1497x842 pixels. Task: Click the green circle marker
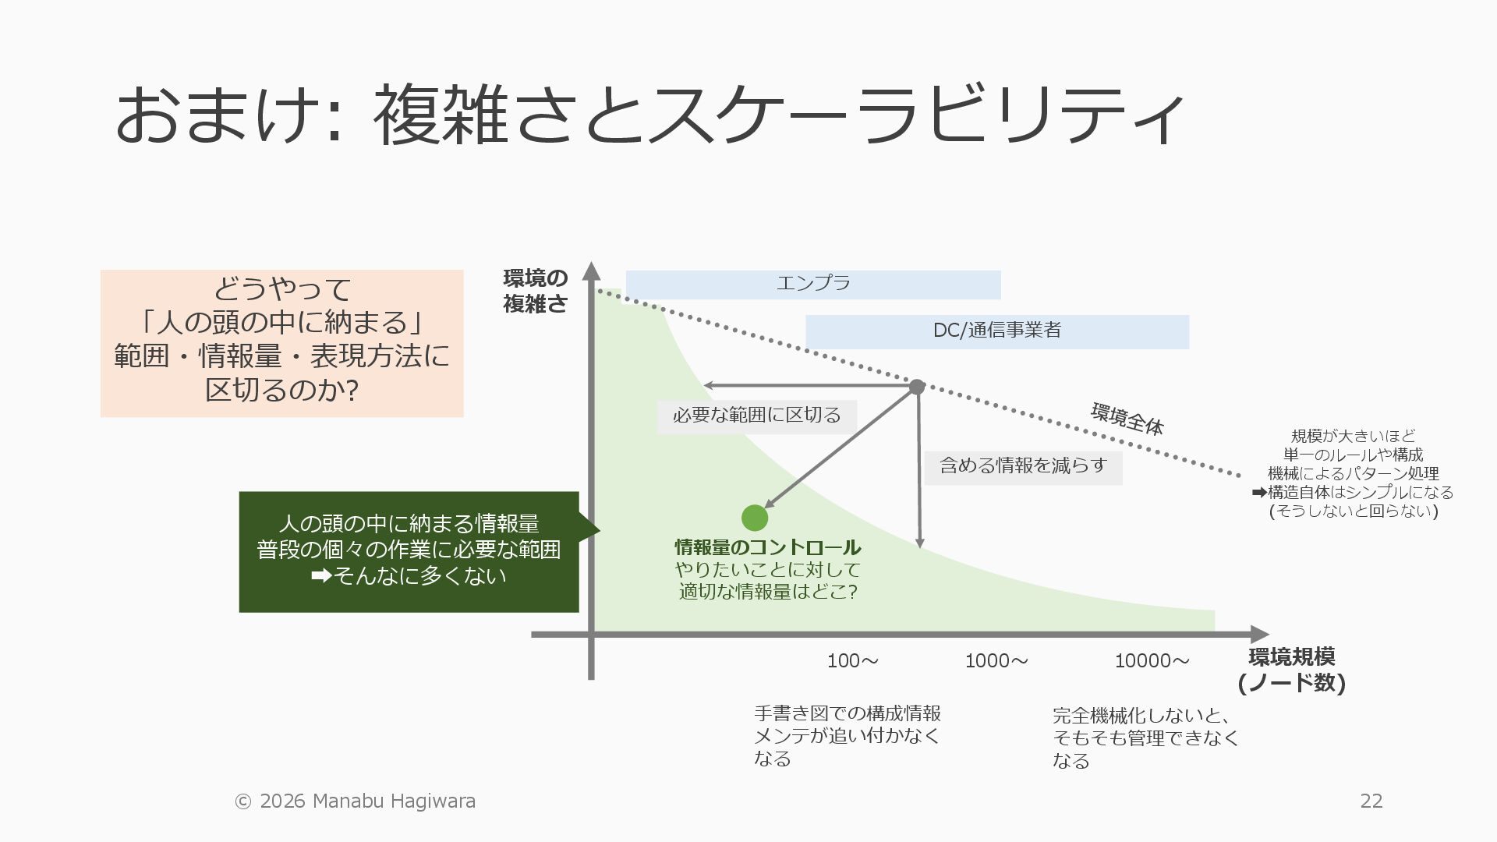(754, 518)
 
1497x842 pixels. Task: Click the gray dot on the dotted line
(917, 387)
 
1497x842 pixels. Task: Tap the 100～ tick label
(852, 661)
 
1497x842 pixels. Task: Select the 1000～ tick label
(996, 661)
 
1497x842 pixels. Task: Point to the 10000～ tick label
(1152, 661)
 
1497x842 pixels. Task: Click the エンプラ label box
(813, 285)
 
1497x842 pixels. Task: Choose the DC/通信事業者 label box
(996, 331)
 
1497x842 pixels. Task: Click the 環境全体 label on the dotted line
(1127, 419)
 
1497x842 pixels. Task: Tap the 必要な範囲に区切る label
(756, 416)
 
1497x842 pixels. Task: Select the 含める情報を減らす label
(1023, 467)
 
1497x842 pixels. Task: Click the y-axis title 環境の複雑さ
(535, 291)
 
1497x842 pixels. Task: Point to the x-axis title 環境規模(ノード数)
(1291, 670)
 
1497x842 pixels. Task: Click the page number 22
(1371, 801)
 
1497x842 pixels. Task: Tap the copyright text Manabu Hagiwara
(356, 801)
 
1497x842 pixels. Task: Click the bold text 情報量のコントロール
(767, 547)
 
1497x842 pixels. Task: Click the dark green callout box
(409, 551)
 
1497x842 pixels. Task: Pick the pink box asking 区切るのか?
(281, 343)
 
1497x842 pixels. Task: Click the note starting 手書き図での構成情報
(847, 735)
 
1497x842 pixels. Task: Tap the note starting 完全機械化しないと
(1145, 738)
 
